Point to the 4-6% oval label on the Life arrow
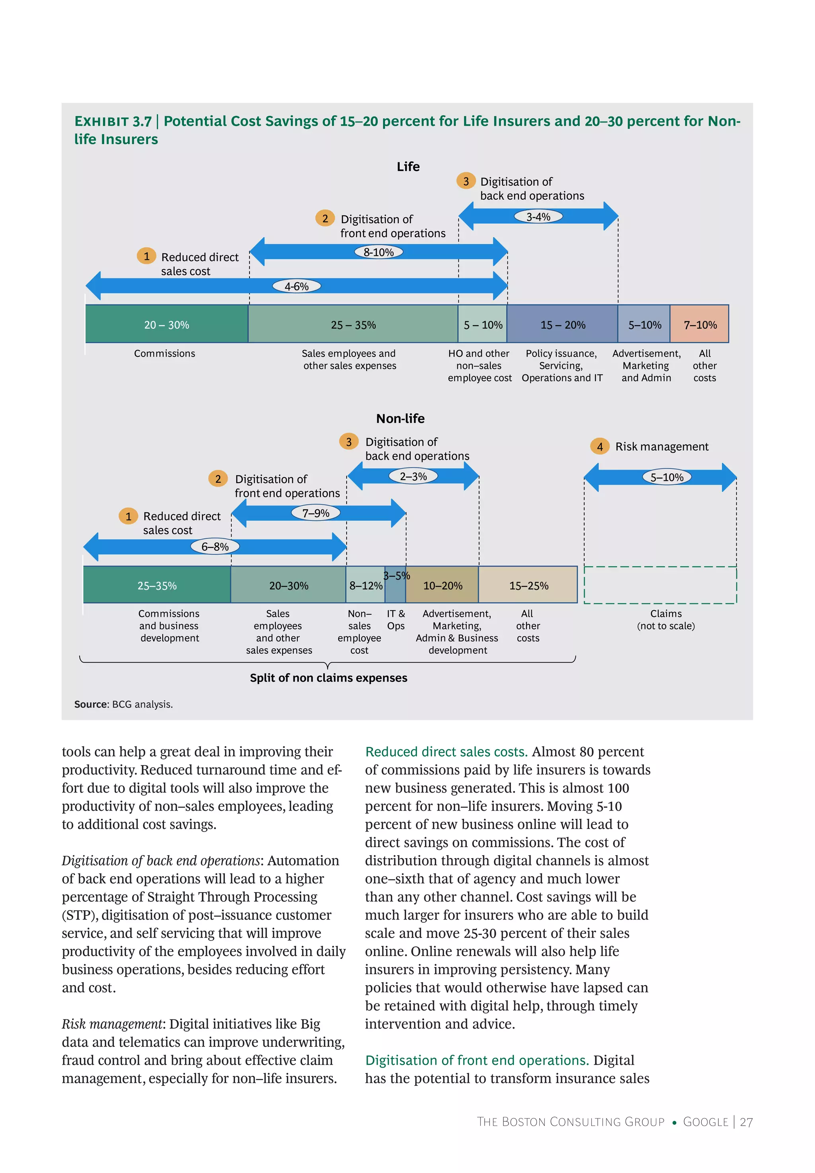(296, 286)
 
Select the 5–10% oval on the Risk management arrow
(667, 477)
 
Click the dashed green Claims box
(660, 585)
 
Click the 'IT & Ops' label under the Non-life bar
(396, 619)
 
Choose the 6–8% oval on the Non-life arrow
(214, 546)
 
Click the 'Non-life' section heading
(400, 418)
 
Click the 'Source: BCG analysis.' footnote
(124, 704)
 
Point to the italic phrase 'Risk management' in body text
(112, 1023)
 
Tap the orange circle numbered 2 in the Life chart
(325, 218)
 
